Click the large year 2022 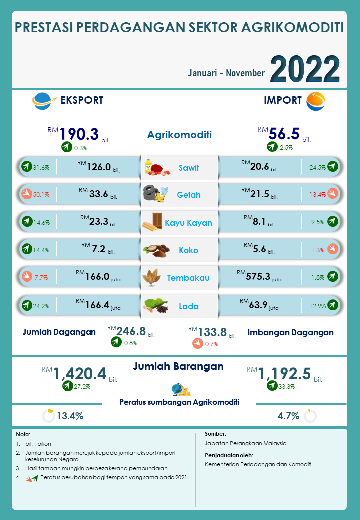(305, 69)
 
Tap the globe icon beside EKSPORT (42, 101)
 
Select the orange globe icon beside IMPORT (315, 101)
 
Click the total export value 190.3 (79, 134)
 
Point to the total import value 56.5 (284, 133)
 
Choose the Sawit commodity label (189, 168)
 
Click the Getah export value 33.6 (99, 194)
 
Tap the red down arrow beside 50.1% (26, 194)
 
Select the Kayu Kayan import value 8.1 (260, 222)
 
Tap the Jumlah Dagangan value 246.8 (131, 331)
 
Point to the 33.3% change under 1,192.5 (287, 386)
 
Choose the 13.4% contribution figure (70, 416)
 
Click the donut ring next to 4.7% (310, 416)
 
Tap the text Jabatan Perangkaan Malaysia (245, 443)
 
